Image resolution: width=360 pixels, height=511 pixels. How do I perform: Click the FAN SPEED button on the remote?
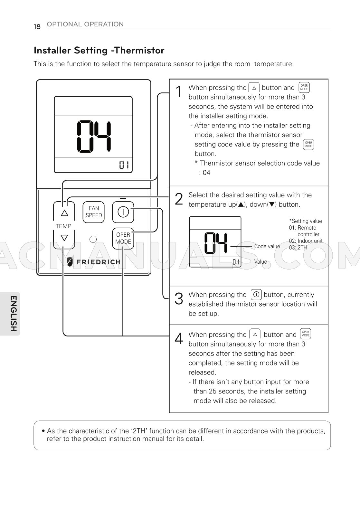click(94, 212)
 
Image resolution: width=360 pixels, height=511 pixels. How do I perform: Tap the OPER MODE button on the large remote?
click(123, 238)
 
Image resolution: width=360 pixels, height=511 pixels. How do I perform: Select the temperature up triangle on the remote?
click(64, 213)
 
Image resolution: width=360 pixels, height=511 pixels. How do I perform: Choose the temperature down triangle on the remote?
click(64, 238)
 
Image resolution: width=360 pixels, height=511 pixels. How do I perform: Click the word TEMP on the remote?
click(63, 226)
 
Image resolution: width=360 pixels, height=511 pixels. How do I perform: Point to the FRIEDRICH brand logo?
click(93, 262)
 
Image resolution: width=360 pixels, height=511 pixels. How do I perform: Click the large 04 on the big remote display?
click(94, 137)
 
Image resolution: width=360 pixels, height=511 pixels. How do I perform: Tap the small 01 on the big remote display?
click(124, 165)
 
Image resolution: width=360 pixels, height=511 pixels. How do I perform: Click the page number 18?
click(37, 26)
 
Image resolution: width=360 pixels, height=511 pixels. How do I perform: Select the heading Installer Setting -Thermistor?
click(99, 50)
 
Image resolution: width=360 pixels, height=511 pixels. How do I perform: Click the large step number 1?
click(179, 92)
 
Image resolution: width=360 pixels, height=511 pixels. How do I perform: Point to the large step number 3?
click(179, 298)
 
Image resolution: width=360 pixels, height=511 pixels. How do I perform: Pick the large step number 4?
click(179, 338)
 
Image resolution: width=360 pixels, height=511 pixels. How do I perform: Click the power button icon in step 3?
click(256, 294)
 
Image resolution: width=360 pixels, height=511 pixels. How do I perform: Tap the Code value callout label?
click(267, 246)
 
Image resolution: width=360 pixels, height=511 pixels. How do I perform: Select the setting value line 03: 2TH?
click(298, 247)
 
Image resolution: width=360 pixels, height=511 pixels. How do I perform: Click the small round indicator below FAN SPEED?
click(93, 239)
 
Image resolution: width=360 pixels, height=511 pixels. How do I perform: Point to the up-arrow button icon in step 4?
click(255, 334)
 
